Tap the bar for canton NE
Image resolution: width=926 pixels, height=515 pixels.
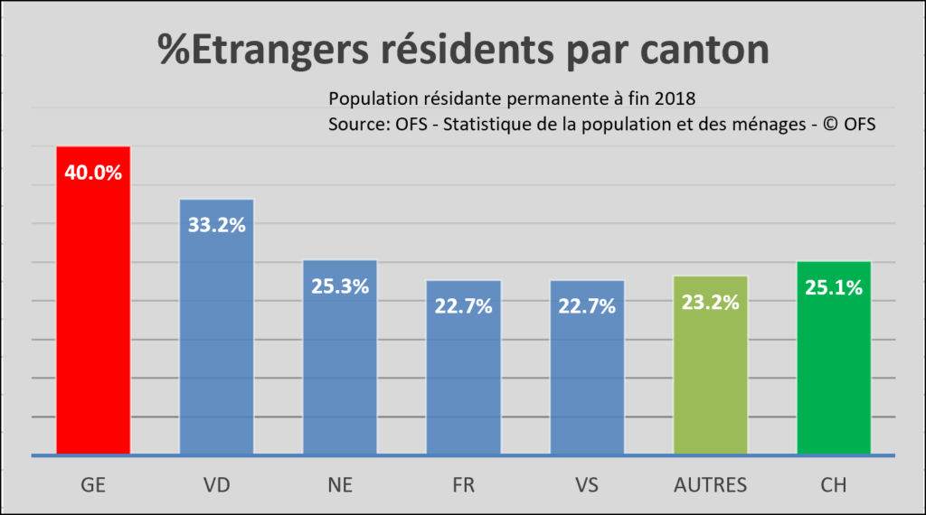click(340, 379)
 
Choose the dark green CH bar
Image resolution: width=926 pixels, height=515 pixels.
click(834, 379)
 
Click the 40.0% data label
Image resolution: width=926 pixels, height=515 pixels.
click(94, 173)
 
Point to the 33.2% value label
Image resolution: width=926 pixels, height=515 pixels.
click(217, 225)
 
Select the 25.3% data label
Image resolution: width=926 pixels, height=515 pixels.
click(340, 287)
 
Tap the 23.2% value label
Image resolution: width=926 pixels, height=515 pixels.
click(711, 303)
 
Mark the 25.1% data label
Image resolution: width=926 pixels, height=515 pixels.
click(834, 288)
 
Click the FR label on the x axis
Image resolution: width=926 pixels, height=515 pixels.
click(464, 485)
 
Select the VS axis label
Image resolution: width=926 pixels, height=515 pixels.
click(587, 485)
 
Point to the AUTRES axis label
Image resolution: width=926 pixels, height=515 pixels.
click(711, 485)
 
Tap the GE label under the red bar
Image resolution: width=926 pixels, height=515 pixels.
click(94, 485)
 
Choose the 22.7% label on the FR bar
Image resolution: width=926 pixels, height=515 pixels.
click(464, 306)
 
